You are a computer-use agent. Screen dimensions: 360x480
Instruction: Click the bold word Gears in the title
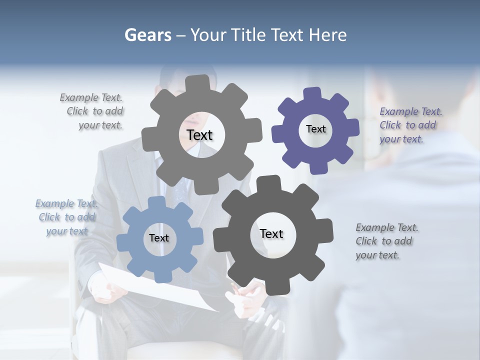tap(147, 35)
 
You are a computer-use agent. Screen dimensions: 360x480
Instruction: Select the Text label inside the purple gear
tap(315, 129)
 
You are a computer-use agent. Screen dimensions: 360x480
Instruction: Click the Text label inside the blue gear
tap(159, 238)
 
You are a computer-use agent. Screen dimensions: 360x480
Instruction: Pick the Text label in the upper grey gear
tap(199, 135)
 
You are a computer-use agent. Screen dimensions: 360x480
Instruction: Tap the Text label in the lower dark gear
tap(271, 233)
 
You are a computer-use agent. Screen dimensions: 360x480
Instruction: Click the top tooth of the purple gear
tap(312, 94)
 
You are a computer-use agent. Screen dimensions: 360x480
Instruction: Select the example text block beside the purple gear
tap(411, 125)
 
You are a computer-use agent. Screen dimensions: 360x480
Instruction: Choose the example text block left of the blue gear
tap(66, 217)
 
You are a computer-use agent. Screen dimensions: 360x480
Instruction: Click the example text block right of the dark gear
tap(387, 241)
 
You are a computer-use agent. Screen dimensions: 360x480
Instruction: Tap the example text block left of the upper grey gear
tap(92, 111)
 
